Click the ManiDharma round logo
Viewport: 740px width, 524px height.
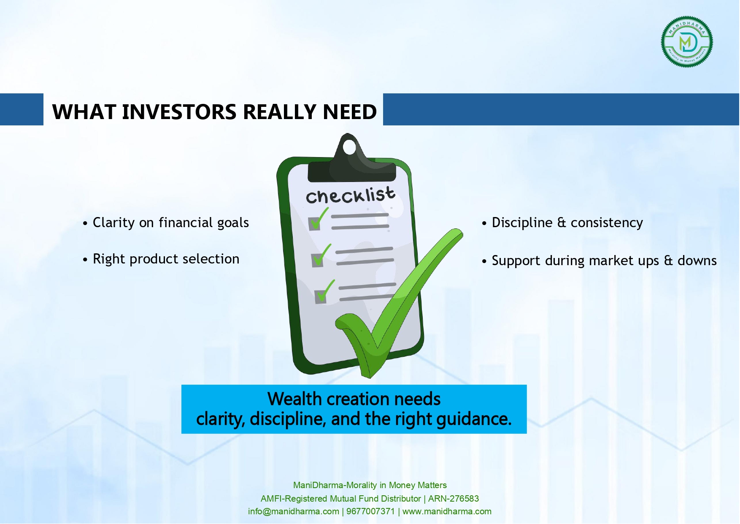687,42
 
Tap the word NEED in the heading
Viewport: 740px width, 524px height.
350,112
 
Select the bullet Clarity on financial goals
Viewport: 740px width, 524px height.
166,223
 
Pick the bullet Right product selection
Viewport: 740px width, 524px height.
161,259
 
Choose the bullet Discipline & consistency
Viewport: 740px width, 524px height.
562,223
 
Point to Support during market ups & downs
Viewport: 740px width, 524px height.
599,261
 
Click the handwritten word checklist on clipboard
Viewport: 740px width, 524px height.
351,195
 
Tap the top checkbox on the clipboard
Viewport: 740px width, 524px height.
315,223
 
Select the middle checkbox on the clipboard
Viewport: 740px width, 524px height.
318,260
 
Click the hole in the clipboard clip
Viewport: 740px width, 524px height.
349,148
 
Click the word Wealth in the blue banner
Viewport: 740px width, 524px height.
295,399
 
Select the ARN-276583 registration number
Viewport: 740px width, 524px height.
454,499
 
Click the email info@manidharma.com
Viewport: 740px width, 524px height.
294,511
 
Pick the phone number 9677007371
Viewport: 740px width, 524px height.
370,511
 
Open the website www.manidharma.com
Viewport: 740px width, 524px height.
447,511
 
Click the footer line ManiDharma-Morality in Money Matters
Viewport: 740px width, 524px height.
370,485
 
